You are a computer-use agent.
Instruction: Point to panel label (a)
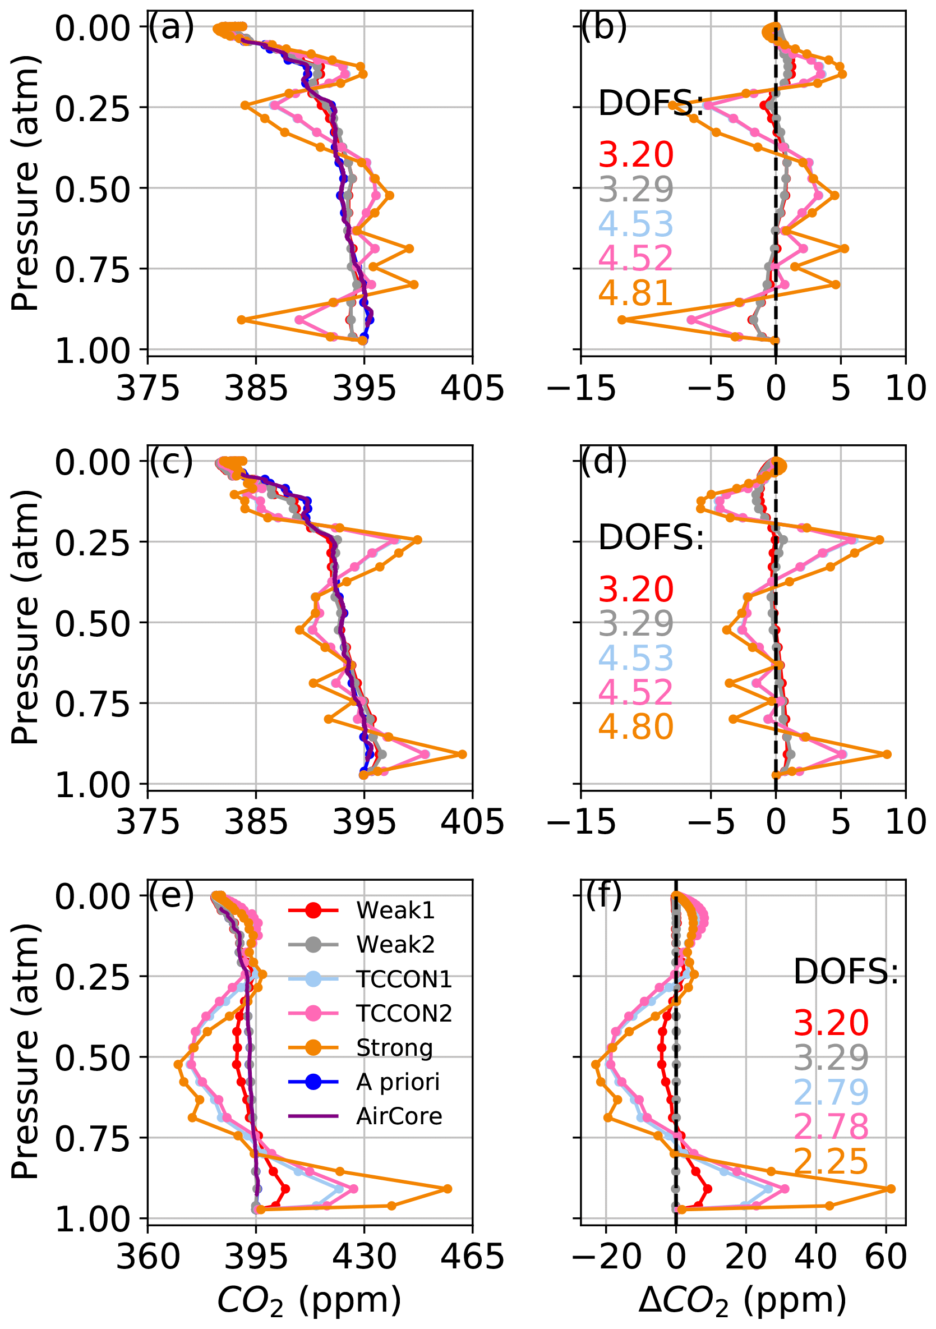pos(171,27)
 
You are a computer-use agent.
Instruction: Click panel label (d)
pos(604,461)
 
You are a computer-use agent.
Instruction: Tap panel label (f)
pos(604,895)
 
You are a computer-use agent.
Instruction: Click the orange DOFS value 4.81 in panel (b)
pos(636,293)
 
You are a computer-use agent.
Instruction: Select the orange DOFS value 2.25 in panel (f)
pos(831,1161)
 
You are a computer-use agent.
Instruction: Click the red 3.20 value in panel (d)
pos(636,589)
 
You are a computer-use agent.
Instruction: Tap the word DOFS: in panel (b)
pos(651,104)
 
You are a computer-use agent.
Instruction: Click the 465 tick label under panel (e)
pos(472,1258)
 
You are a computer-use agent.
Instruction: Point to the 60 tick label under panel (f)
pos(886,1258)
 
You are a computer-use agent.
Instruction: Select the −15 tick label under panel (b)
pos(581,388)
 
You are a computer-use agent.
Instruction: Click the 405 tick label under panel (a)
pos(472,388)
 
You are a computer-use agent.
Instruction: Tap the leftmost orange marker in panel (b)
pos(622,320)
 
